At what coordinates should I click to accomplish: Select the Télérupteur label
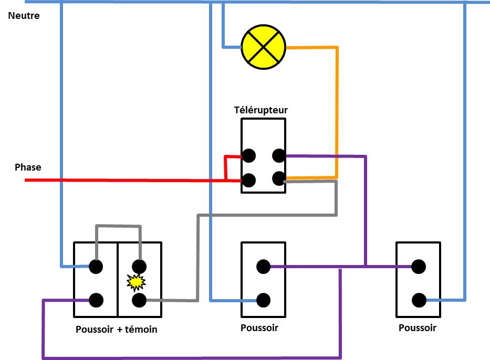point(261,110)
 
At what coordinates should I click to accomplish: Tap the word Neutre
point(24,16)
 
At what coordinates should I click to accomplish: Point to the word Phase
point(28,167)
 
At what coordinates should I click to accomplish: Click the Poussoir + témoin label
point(117,330)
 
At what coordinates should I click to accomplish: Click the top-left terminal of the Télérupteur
point(249,155)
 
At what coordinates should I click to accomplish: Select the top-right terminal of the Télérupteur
point(279,155)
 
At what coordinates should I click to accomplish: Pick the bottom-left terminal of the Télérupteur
point(249,181)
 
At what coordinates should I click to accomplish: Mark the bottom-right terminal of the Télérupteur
point(279,179)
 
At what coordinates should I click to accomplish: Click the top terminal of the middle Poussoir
point(264,267)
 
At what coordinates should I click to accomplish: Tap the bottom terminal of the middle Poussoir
point(264,300)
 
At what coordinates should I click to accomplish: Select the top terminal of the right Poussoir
point(419,267)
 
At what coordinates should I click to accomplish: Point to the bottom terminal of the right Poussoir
point(419,300)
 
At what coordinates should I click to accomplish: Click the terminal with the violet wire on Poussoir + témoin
point(96,300)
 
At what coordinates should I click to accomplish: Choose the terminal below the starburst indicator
point(139,300)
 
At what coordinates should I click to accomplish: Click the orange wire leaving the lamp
point(337,105)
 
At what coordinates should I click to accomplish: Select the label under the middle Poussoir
point(259,329)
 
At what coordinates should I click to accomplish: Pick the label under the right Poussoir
point(418,329)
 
